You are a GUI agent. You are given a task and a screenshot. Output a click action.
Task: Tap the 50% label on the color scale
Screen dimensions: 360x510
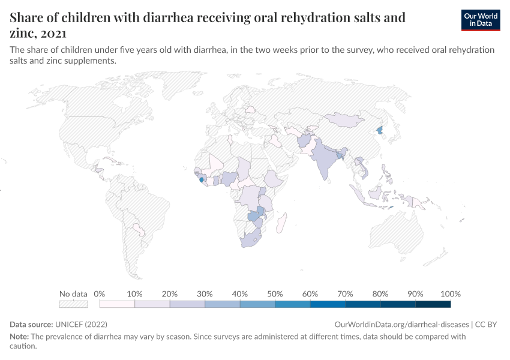tap(275, 294)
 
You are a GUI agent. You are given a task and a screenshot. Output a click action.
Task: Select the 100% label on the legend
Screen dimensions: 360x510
tap(450, 294)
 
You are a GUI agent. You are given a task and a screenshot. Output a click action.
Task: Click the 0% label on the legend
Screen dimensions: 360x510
tap(100, 294)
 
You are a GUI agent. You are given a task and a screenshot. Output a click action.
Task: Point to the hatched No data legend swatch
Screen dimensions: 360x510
tap(73, 304)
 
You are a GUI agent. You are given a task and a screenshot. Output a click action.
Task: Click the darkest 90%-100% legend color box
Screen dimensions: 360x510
tap(433, 304)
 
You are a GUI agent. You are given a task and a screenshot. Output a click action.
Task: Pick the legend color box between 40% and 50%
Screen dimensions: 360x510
tap(257, 304)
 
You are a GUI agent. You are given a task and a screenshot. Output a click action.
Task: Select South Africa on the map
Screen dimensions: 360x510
tap(251, 239)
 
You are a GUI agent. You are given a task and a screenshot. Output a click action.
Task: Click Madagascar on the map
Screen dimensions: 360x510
tap(279, 225)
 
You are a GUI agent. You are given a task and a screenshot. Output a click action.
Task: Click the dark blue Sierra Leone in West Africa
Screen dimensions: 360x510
tap(200, 179)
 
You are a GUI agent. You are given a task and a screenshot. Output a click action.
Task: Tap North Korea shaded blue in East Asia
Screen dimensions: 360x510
tap(379, 130)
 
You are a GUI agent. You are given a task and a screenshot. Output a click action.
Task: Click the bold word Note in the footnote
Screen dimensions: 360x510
tap(19, 337)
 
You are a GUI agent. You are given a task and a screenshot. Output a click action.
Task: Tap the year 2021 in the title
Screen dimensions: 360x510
tap(51, 34)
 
